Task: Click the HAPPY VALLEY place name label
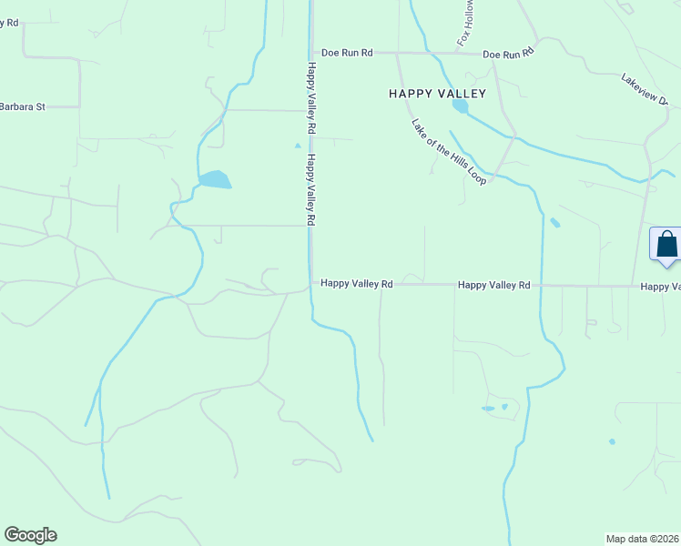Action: click(x=437, y=94)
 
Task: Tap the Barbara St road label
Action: click(x=22, y=106)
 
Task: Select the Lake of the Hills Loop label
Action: click(x=449, y=153)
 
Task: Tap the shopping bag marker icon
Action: click(x=666, y=245)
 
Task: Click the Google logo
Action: click(x=30, y=535)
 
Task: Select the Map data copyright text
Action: click(x=643, y=538)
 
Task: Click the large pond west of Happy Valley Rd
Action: click(x=215, y=179)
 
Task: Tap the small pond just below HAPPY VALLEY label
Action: click(x=461, y=106)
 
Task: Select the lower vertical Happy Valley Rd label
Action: click(x=311, y=189)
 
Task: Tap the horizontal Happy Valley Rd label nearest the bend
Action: click(x=356, y=285)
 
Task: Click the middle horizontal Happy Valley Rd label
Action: click(x=493, y=285)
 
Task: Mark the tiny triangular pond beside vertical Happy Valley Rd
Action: click(x=297, y=145)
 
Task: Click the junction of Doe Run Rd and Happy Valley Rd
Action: click(x=311, y=53)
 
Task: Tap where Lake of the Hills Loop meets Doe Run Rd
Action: click(x=396, y=54)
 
